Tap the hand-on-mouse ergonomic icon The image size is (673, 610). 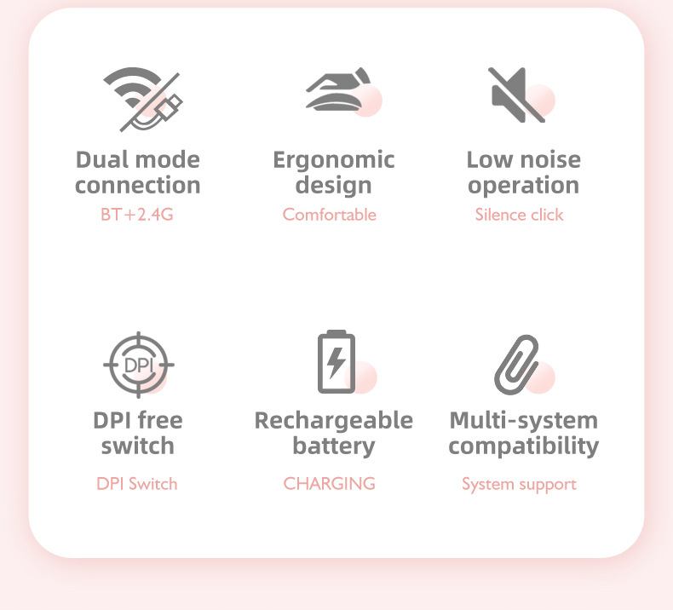tap(338, 91)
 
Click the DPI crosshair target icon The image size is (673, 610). tap(139, 364)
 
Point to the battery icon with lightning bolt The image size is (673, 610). tap(336, 362)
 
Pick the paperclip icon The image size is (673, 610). tap(517, 364)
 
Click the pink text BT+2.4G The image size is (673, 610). tap(136, 215)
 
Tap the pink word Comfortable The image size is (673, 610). tap(329, 215)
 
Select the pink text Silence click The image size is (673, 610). tap(519, 215)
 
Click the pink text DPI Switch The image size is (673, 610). tap(136, 484)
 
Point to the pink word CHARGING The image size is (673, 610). tap(329, 484)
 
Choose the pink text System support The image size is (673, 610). tap(519, 485)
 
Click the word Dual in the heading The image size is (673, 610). tap(101, 160)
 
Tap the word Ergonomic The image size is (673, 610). tap(333, 160)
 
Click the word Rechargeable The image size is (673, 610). tap(333, 420)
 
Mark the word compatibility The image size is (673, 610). tap(523, 446)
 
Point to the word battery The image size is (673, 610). tap(333, 446)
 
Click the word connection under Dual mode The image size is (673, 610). tap(137, 186)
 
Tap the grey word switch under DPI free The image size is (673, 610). tap(137, 446)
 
